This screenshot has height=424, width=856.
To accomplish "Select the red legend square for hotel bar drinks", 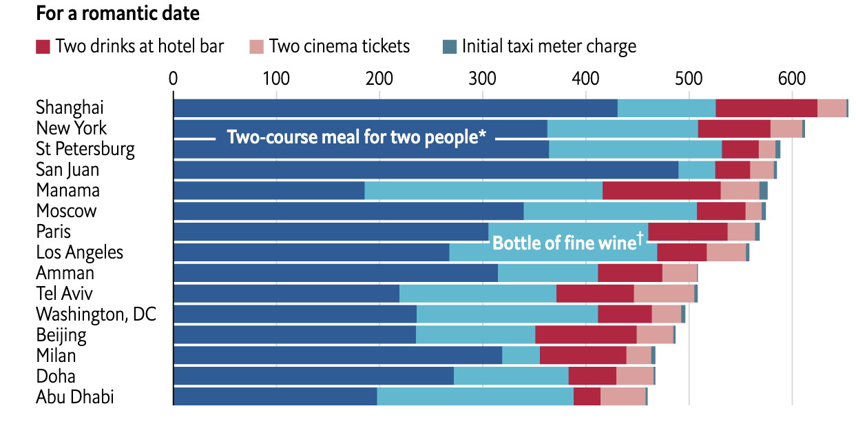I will click(x=43, y=47).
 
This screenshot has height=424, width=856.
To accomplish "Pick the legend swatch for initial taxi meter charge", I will click(x=449, y=47).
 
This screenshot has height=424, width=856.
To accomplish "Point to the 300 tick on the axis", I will click(x=483, y=79).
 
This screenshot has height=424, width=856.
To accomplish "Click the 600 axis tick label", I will click(x=791, y=79).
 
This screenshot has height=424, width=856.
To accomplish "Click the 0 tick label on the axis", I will click(x=174, y=79).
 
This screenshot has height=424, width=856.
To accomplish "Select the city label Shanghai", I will click(x=70, y=108).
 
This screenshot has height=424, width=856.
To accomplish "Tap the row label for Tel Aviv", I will click(x=64, y=294).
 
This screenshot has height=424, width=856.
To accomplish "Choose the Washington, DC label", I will click(x=96, y=314).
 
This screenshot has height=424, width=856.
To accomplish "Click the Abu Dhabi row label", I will click(x=75, y=397).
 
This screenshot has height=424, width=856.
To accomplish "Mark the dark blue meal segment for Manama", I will click(x=269, y=191).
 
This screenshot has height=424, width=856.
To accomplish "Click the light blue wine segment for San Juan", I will click(x=696, y=170).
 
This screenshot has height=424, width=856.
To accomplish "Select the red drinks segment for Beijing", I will click(x=585, y=336).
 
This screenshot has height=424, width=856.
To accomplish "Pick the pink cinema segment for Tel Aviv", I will click(x=664, y=294).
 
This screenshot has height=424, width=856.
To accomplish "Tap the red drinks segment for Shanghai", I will click(x=766, y=108).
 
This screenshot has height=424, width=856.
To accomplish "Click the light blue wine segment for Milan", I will click(x=521, y=356).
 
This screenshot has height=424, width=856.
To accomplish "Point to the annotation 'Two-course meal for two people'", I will click(x=356, y=137).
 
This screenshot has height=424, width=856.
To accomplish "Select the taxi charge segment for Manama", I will click(x=763, y=191).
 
